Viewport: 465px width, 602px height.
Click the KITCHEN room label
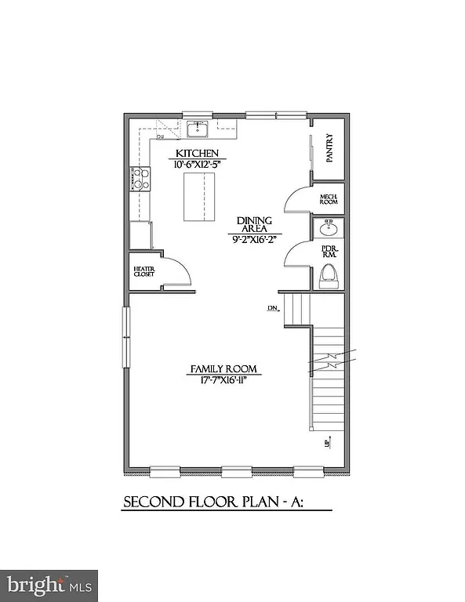coord(196,154)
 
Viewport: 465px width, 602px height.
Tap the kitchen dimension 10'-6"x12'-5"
coord(196,165)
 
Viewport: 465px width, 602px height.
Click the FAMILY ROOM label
coord(224,369)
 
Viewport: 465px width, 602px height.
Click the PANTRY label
coord(329,147)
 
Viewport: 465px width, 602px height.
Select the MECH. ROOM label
coord(328,199)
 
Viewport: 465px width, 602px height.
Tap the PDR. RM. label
coord(329,252)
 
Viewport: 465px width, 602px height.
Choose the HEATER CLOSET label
coord(144,273)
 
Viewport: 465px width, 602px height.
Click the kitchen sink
coord(197,129)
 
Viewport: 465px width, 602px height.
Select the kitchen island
coord(198,198)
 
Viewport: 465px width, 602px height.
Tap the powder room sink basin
coord(329,229)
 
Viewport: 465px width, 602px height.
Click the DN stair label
coord(273,308)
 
